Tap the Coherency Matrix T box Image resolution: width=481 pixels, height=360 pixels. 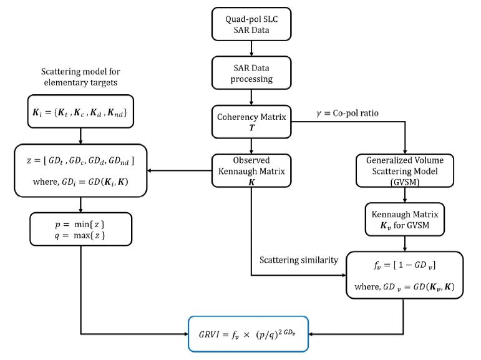(x=251, y=120)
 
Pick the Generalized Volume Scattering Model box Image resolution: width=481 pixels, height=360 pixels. (x=406, y=169)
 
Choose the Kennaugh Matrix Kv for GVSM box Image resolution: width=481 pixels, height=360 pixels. (x=406, y=218)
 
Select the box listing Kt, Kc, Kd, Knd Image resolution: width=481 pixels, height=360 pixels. (x=80, y=114)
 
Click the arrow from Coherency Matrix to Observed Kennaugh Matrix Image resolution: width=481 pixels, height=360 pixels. (x=251, y=145)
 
